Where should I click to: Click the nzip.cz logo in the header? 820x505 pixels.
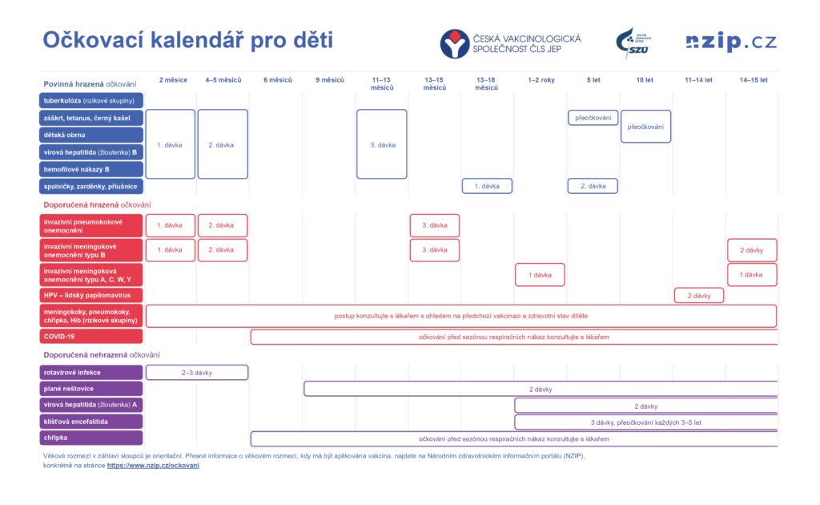tap(731, 42)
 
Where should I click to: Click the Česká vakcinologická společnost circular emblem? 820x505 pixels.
tap(455, 43)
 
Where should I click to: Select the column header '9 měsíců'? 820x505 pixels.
tap(330, 80)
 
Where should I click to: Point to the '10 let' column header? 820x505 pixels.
tap(645, 80)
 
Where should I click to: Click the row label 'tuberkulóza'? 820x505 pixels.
tap(91, 100)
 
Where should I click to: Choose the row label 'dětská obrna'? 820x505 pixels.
tap(91, 135)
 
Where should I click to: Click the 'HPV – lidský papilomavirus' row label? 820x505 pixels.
tap(91, 295)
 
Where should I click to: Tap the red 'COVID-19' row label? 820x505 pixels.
tap(91, 337)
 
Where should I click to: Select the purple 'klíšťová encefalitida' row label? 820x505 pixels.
tap(91, 422)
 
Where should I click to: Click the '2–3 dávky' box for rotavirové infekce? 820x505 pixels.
tap(197, 373)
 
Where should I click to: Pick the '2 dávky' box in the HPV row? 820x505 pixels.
tap(699, 296)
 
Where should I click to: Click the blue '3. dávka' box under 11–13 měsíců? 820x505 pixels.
tap(382, 144)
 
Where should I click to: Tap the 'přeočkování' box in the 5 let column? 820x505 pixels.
tap(593, 118)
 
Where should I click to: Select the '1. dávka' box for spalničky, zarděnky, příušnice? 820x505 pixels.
tap(487, 186)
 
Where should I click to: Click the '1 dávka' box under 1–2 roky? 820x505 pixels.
tap(540, 275)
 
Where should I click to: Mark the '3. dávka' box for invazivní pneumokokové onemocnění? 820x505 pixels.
tap(435, 225)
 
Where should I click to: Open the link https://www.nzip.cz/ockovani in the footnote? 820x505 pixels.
tap(153, 465)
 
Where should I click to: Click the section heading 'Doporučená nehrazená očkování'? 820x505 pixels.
tap(102, 355)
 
